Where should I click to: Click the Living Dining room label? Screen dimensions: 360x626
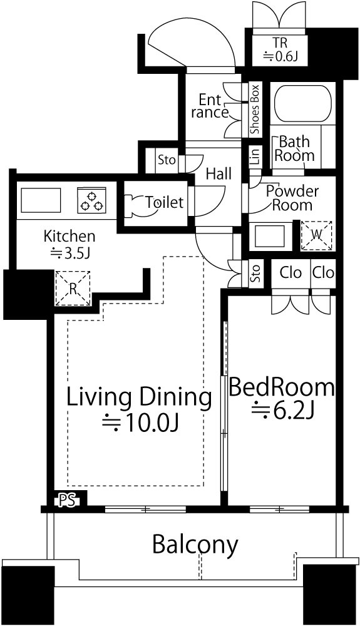click(x=139, y=398)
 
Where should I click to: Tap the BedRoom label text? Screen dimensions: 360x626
click(x=282, y=387)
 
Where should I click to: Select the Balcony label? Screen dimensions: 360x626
click(x=195, y=545)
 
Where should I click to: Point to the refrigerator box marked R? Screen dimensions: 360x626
click(x=72, y=289)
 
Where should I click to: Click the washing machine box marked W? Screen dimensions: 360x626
click(x=317, y=235)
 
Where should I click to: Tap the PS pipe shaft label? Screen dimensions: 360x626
click(x=69, y=500)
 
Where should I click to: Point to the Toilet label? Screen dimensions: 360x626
click(x=164, y=202)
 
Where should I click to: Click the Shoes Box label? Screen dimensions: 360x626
click(x=255, y=109)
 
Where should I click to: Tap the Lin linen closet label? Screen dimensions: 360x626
click(x=255, y=156)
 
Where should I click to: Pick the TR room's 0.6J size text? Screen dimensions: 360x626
click(x=280, y=57)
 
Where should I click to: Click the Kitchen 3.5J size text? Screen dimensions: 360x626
click(x=70, y=253)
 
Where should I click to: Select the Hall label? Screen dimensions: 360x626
click(x=219, y=173)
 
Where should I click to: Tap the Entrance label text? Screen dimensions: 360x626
click(x=210, y=106)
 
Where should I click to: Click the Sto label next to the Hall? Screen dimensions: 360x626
click(x=167, y=160)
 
